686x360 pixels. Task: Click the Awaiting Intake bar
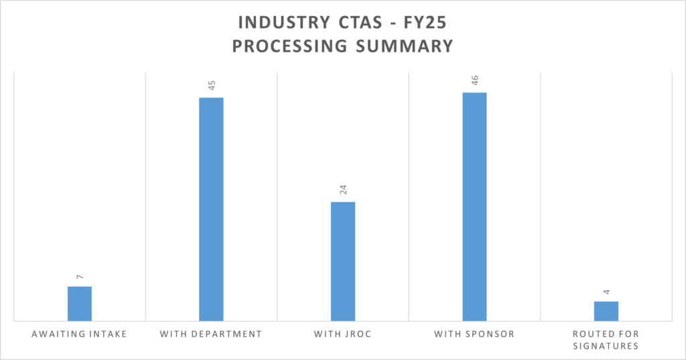[80, 304]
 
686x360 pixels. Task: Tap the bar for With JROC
[343, 261]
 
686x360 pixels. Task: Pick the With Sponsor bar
[474, 206]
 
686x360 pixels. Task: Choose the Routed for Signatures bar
[606, 311]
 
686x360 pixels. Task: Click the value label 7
[80, 276]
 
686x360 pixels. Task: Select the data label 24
[343, 190]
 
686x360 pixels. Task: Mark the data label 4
[606, 292]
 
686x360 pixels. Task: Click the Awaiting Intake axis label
[80, 334]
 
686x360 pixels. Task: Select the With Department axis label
[211, 334]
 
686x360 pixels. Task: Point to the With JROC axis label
[343, 334]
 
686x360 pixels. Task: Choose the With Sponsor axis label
[474, 334]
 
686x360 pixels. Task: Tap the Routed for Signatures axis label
[606, 340]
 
